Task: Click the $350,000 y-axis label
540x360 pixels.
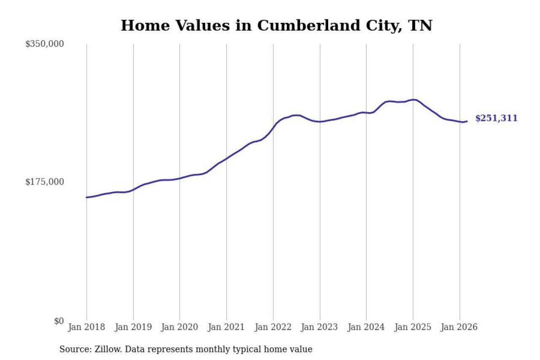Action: (x=44, y=44)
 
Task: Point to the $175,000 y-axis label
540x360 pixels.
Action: (x=44, y=182)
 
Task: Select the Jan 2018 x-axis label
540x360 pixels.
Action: (x=86, y=328)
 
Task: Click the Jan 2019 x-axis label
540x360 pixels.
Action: (x=133, y=328)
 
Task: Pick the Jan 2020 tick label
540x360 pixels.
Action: (x=180, y=328)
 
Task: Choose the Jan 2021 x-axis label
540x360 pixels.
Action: (x=227, y=328)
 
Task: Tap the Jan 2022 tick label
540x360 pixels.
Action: (x=273, y=328)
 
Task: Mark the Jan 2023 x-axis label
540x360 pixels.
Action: (x=320, y=328)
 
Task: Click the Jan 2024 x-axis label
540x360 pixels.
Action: (x=366, y=328)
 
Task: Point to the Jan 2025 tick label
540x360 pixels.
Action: (x=413, y=328)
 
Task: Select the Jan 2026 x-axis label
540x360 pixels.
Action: (x=459, y=328)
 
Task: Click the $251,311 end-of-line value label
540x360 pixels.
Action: (x=496, y=119)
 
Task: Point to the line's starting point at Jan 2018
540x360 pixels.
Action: (x=87, y=197)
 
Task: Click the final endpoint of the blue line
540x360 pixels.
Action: (x=467, y=122)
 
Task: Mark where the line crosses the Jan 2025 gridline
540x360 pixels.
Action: (x=413, y=100)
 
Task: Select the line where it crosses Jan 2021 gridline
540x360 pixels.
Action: (x=227, y=159)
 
